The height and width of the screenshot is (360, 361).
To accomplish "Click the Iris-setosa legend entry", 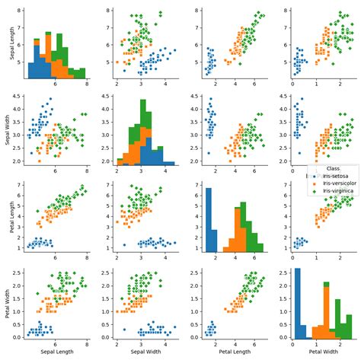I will (x=336, y=176).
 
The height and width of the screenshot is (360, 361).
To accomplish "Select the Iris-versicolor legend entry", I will (x=340, y=183).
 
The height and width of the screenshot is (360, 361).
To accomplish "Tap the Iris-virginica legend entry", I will (x=339, y=191).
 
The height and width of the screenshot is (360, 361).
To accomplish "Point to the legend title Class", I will (x=332, y=168).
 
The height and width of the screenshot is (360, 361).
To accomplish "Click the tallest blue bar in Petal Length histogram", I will (x=208, y=221).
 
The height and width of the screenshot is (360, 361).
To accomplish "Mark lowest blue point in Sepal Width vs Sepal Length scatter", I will (x=31, y=153).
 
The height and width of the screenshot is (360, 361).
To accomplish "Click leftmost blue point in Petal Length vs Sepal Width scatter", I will (x=124, y=244).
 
